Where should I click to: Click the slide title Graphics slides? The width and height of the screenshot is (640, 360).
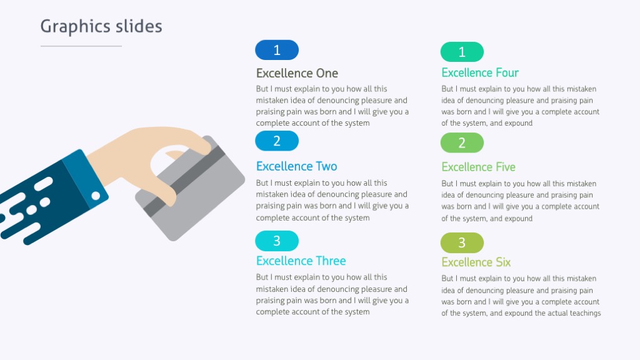[101, 26]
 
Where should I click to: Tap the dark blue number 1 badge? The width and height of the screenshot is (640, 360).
[277, 50]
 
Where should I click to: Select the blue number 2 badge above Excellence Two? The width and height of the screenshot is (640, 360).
[277, 141]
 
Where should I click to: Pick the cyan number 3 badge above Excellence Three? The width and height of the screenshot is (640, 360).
[277, 241]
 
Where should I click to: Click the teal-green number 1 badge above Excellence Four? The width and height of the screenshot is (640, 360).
[462, 52]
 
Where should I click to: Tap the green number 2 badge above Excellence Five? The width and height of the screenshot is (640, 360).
[462, 142]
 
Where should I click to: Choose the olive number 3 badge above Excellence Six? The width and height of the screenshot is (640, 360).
[462, 242]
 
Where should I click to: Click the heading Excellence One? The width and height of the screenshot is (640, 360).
[297, 73]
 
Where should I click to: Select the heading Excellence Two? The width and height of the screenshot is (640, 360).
[296, 166]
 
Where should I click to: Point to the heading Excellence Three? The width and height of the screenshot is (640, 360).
[301, 261]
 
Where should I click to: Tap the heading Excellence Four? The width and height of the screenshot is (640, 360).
[480, 72]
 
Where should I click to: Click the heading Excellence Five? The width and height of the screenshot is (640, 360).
[478, 167]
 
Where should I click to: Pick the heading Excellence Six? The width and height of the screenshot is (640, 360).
[476, 262]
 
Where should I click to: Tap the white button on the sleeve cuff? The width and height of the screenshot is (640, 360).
[96, 196]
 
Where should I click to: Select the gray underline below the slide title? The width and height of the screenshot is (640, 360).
[81, 46]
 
